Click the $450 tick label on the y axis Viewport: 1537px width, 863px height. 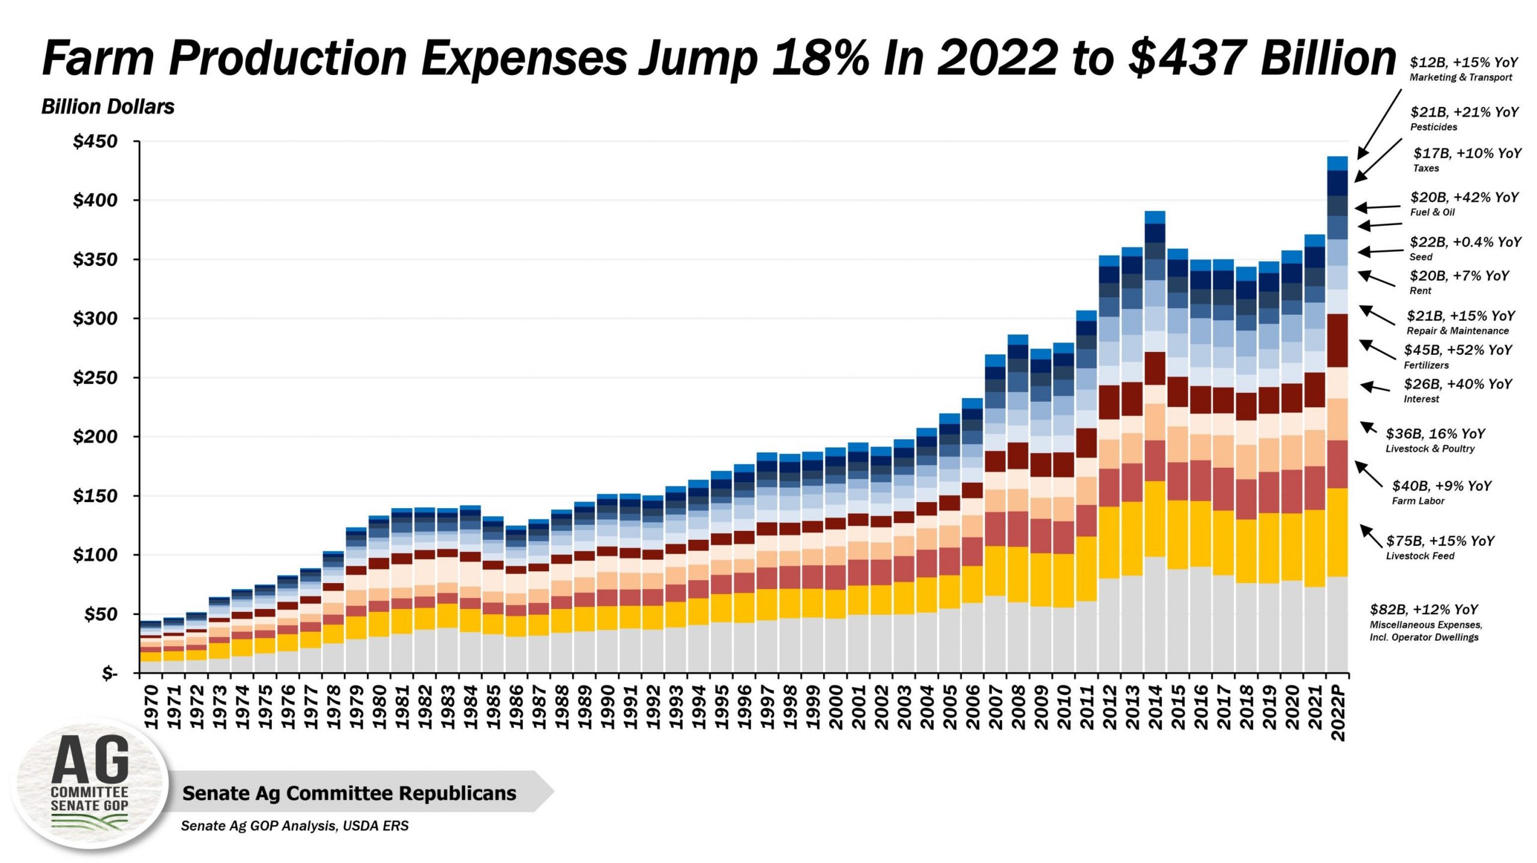click(95, 142)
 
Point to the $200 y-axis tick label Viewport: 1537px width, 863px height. click(95, 437)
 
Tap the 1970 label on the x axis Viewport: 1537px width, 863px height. click(151, 707)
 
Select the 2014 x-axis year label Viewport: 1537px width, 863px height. click(1155, 707)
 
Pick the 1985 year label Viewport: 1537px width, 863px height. click(494, 707)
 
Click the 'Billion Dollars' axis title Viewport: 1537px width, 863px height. click(107, 107)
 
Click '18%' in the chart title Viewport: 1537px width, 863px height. click(820, 58)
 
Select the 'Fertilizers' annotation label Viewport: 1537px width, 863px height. click(1426, 365)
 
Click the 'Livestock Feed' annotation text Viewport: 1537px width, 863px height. click(1420, 556)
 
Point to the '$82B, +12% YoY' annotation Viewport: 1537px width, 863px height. click(1424, 610)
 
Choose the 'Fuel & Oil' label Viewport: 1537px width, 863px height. click(1433, 212)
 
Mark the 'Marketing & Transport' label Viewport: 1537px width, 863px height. click(1461, 77)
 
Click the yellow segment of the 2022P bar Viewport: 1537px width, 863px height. click(1338, 532)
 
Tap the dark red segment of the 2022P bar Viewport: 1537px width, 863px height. click(1338, 340)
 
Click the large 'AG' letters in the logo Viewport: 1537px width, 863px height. click(90, 760)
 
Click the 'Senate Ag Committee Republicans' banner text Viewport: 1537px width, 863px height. click(349, 793)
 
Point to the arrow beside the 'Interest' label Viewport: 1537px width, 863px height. click(1375, 387)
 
